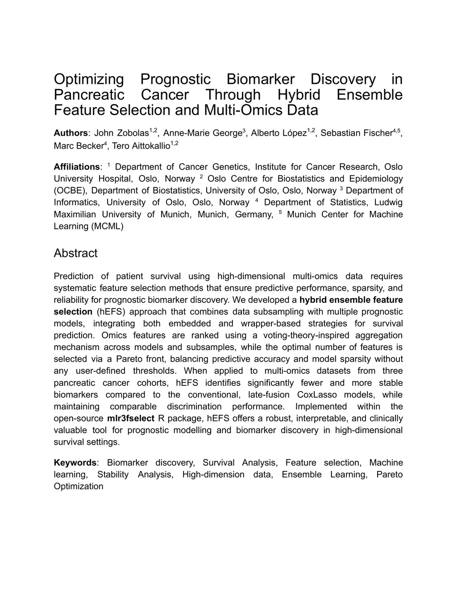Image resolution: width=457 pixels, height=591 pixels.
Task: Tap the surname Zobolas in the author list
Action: (133, 133)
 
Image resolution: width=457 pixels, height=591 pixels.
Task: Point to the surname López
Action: (294, 133)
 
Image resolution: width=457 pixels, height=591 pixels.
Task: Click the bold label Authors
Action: (71, 133)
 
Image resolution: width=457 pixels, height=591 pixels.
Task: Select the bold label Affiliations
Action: (77, 167)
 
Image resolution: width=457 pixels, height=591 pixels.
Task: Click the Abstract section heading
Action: (75, 253)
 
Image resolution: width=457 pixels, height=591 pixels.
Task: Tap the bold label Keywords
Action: (75, 463)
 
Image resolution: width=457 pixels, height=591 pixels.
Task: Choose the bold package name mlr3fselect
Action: (131, 419)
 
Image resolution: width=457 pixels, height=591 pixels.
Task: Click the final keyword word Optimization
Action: (79, 487)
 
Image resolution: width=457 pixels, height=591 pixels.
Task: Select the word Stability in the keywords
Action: (113, 475)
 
